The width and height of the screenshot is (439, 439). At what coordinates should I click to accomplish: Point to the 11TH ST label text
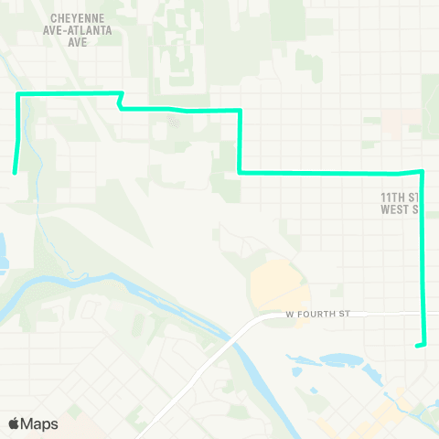(x=400, y=197)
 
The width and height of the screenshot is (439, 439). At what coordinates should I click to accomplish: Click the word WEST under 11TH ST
(x=397, y=209)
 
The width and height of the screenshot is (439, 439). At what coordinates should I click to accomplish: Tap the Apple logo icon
(x=15, y=424)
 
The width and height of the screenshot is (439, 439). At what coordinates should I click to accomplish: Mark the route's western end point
(x=14, y=171)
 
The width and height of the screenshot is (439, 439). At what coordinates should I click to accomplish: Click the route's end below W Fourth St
(x=417, y=346)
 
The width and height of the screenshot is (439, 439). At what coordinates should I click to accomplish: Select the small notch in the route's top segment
(x=120, y=102)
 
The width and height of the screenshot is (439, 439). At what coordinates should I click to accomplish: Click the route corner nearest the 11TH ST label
(x=421, y=171)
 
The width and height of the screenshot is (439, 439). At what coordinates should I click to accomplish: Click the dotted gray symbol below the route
(x=174, y=118)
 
